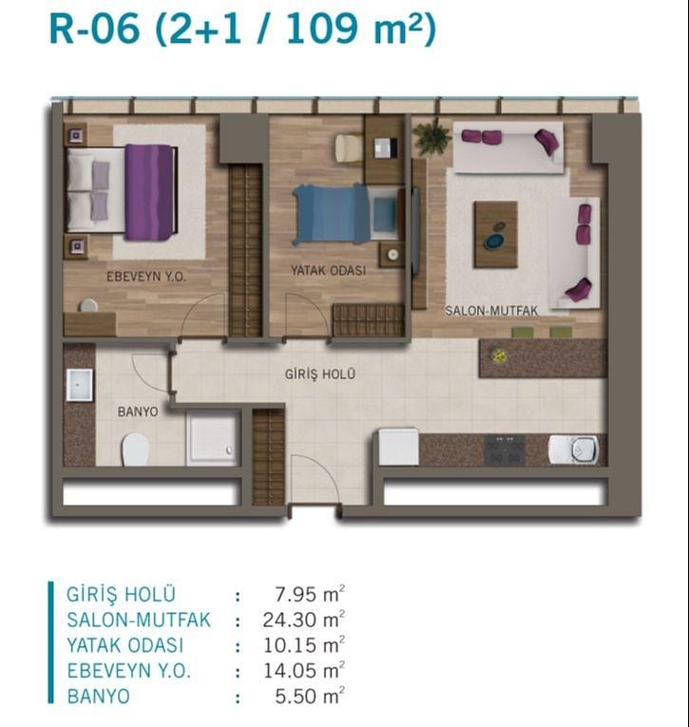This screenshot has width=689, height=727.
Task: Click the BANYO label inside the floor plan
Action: tap(138, 411)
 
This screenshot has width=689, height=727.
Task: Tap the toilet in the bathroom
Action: tap(135, 450)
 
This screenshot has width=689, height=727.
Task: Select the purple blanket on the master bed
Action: tap(149, 192)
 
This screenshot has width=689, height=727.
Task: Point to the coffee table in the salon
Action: tap(495, 234)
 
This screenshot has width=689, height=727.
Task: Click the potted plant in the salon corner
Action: tap(432, 135)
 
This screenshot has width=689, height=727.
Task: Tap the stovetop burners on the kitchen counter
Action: tap(505, 450)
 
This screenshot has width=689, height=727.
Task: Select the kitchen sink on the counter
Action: tap(574, 449)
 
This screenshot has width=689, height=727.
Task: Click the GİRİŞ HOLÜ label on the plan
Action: tap(320, 373)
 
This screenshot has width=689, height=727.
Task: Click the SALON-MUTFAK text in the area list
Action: tap(139, 620)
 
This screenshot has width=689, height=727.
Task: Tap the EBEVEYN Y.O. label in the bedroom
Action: tap(146, 277)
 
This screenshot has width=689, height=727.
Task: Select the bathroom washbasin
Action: tap(79, 385)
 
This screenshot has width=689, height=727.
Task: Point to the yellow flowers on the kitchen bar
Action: tap(499, 355)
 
